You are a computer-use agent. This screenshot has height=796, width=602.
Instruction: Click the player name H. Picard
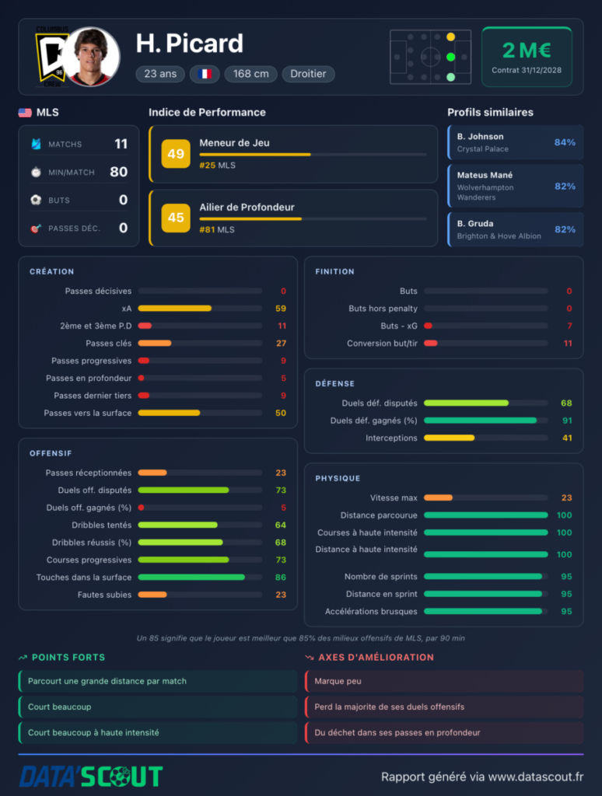(190, 44)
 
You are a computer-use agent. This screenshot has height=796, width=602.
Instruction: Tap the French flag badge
(205, 74)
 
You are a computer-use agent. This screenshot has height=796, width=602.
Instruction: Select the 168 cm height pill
(251, 74)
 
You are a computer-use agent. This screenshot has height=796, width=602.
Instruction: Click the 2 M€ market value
(527, 51)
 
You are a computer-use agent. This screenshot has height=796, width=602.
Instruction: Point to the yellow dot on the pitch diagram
(450, 37)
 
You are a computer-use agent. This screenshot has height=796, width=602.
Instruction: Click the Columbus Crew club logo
(51, 57)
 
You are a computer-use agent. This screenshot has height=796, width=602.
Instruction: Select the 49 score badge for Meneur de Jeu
(176, 153)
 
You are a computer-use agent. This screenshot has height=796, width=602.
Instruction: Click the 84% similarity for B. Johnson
(565, 142)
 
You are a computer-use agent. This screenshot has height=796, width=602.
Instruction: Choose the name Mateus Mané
(485, 175)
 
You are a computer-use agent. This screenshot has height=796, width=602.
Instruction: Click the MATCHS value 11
(121, 144)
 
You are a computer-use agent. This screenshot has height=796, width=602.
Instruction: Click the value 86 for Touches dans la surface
(281, 578)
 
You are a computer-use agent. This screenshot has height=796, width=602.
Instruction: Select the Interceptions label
(391, 438)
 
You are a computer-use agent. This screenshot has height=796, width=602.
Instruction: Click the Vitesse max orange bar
(438, 497)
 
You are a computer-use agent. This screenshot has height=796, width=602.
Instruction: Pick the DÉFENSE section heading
(334, 384)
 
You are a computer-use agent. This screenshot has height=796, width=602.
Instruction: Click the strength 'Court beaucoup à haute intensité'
(93, 732)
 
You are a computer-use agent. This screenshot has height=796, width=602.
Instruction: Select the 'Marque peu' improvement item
(338, 681)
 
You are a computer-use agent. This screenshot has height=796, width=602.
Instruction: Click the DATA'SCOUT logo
(92, 777)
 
